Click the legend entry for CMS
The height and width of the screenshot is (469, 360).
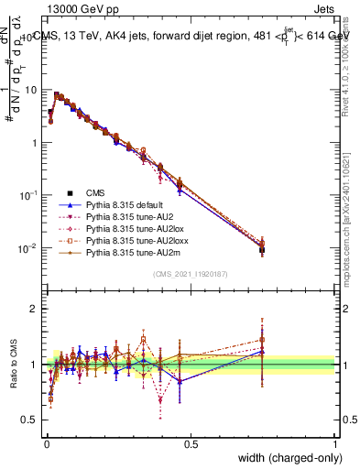pyautogui.click(x=94, y=192)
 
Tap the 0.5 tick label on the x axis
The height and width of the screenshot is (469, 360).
pyautogui.click(x=191, y=443)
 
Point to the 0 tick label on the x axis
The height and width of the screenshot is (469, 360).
pyautogui.click(x=46, y=443)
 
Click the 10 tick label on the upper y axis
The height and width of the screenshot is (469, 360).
pyautogui.click(x=32, y=91)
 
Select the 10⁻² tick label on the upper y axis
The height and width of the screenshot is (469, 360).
pyautogui.click(x=30, y=248)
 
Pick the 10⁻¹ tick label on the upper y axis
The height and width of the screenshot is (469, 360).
pyautogui.click(x=30, y=196)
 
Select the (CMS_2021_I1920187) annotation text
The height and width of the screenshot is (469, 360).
pyautogui.click(x=190, y=275)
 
